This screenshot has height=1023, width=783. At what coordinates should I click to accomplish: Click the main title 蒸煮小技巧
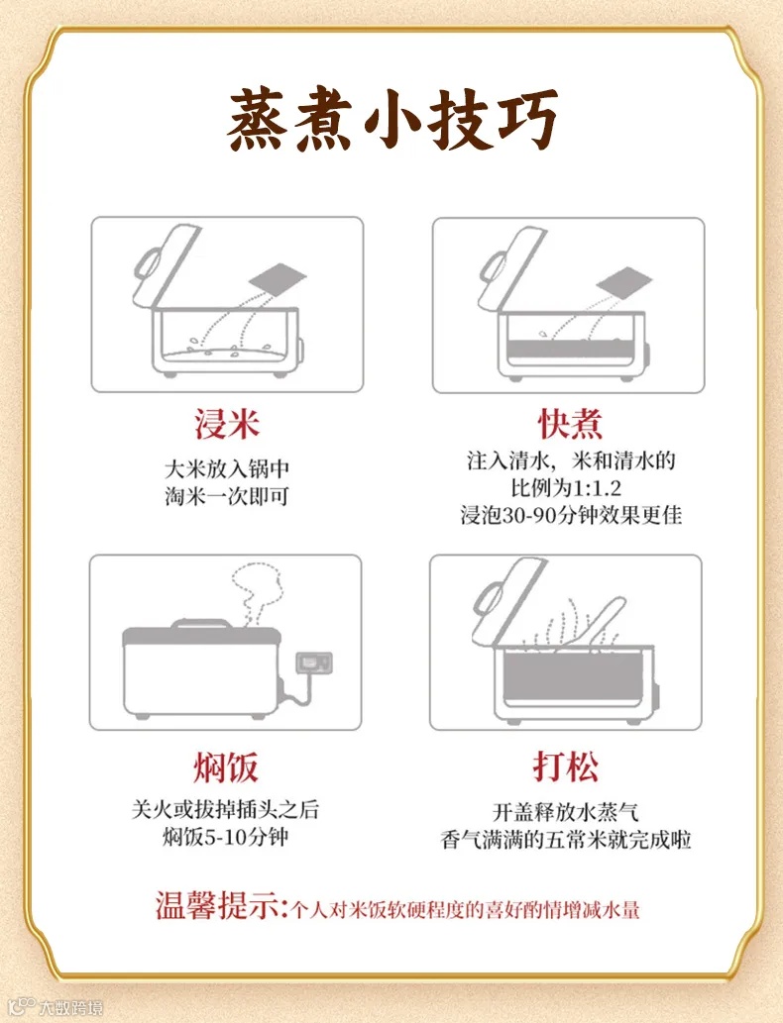point(391,120)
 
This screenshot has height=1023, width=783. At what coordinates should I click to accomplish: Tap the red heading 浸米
point(227,424)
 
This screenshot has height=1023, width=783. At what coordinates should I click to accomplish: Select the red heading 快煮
point(570,424)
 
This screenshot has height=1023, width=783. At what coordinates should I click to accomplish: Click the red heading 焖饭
point(225,767)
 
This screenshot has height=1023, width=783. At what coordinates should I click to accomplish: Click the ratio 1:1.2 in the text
point(597,488)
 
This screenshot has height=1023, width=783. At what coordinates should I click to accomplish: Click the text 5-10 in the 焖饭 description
point(225,837)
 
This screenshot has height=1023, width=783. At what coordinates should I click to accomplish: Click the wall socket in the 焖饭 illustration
point(314,663)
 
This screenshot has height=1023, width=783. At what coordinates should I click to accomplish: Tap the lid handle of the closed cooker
point(202,624)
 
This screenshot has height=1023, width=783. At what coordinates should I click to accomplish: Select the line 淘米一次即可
point(226,496)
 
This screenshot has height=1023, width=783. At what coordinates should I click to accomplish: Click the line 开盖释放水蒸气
point(566,812)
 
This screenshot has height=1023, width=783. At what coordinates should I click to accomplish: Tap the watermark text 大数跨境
point(70,1007)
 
